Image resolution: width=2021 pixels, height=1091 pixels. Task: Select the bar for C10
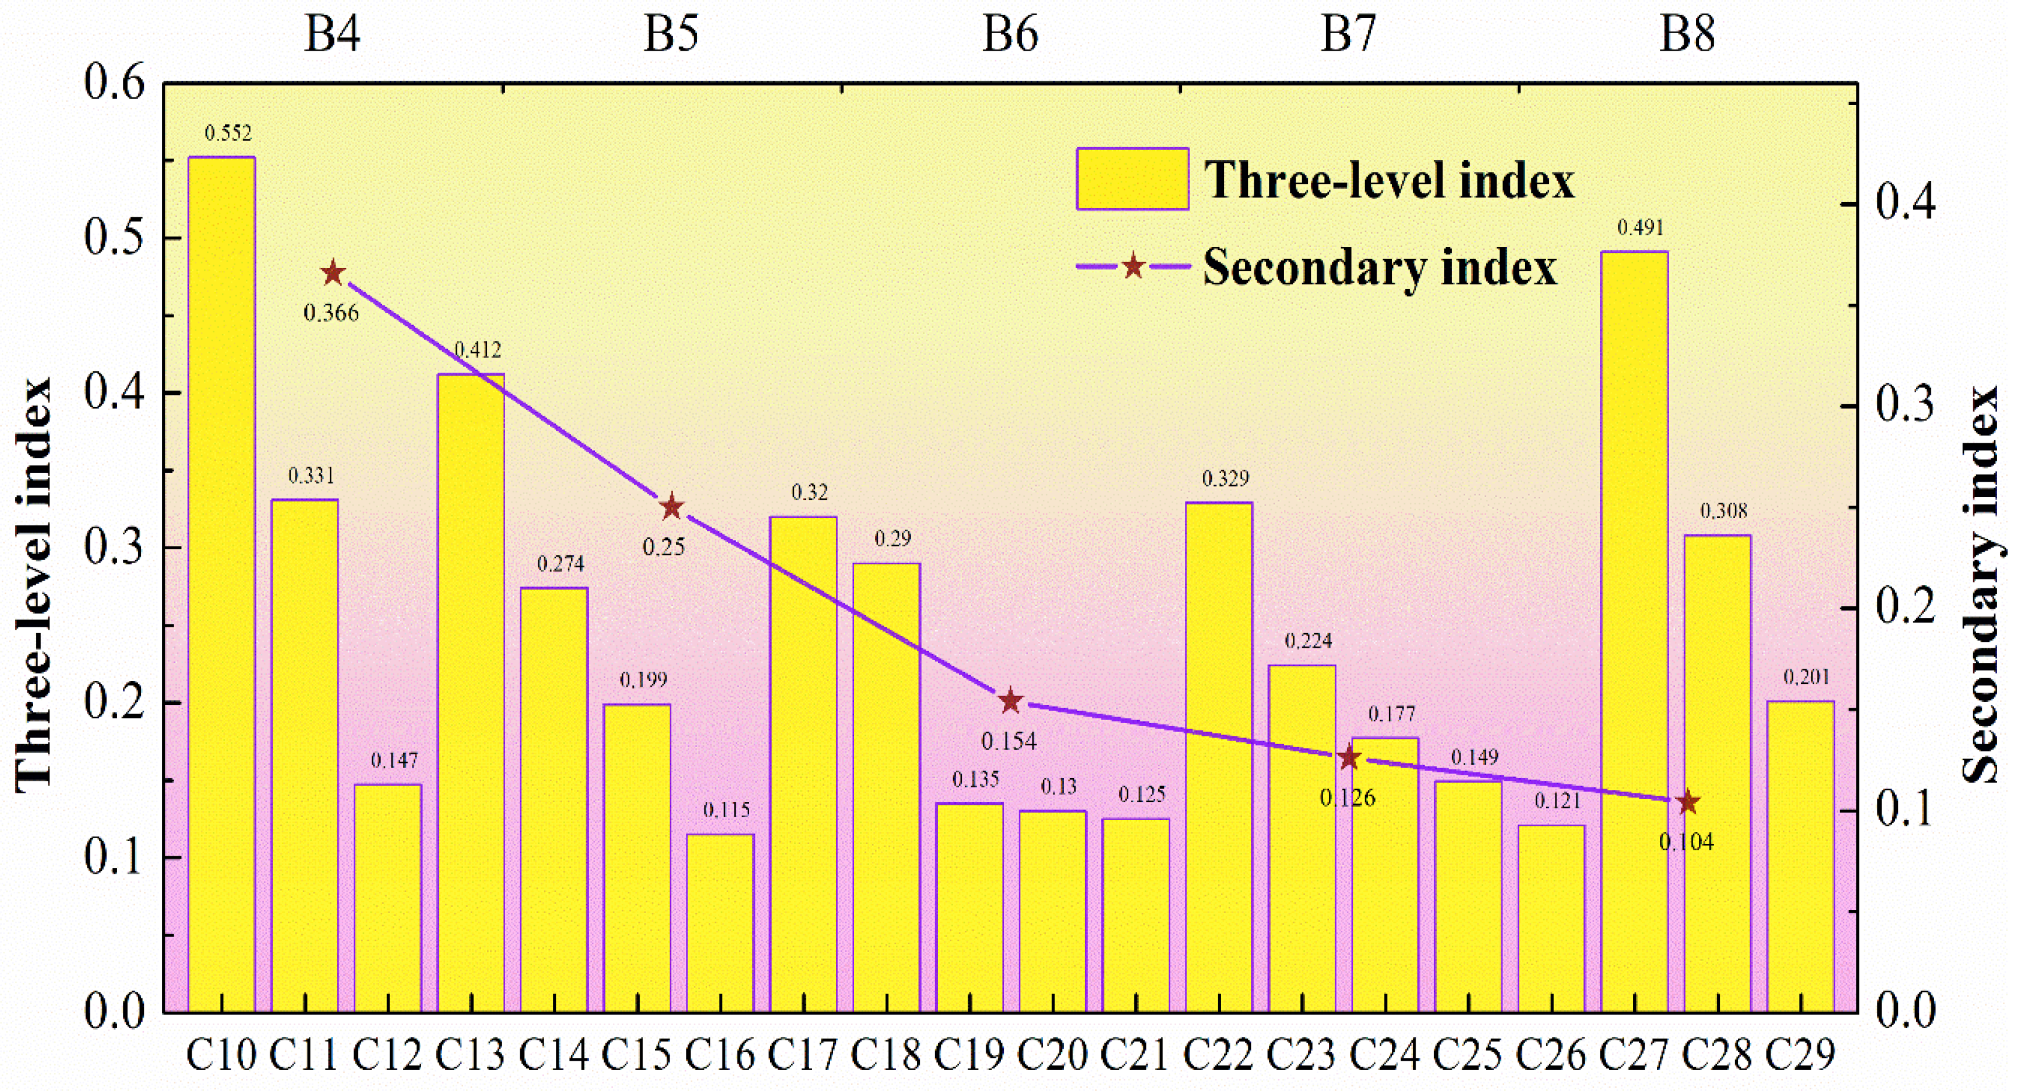click(222, 584)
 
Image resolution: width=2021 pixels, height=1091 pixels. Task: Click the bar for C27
click(1634, 631)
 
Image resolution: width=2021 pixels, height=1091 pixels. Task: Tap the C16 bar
click(720, 923)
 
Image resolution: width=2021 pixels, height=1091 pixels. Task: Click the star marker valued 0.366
click(333, 274)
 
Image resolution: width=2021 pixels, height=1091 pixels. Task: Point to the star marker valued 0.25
click(672, 507)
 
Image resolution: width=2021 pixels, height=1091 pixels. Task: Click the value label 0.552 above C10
click(228, 133)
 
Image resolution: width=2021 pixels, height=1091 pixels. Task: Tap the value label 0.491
click(1641, 227)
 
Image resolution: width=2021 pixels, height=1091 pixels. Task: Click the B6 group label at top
click(1010, 34)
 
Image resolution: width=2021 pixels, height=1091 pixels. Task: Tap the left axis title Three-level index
click(33, 584)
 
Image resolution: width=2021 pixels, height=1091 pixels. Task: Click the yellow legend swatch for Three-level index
click(1132, 179)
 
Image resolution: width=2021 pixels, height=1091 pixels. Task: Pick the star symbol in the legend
click(1133, 267)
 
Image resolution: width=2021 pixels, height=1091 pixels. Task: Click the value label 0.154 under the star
click(1009, 741)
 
